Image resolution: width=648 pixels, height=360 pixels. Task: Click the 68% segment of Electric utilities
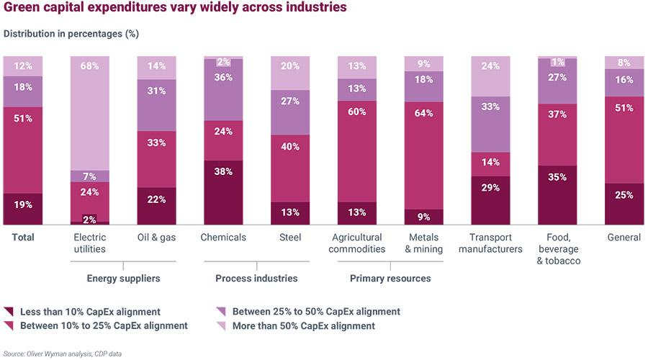[x=90, y=112]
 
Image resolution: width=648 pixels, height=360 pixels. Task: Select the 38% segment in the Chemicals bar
[x=223, y=192]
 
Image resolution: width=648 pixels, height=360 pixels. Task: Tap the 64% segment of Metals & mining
[x=424, y=155]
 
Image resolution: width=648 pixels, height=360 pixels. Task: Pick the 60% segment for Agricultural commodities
[x=356, y=150]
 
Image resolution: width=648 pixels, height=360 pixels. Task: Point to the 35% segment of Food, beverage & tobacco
[x=557, y=195]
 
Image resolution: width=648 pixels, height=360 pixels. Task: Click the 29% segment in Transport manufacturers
[x=490, y=200]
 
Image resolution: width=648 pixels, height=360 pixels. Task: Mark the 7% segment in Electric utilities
[x=90, y=176]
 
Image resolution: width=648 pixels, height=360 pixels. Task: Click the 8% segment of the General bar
[x=624, y=62]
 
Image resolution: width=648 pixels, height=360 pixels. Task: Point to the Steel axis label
[x=290, y=238]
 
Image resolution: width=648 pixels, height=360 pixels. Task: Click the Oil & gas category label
[x=157, y=238]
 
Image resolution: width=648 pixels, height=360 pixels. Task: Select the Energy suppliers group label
[x=123, y=278]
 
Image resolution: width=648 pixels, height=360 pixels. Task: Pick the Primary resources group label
[x=390, y=278]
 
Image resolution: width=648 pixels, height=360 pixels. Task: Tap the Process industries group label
[x=256, y=278]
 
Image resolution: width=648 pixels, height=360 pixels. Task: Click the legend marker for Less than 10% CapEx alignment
[x=9, y=312]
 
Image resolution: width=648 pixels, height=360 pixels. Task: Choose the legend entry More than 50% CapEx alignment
[x=296, y=326]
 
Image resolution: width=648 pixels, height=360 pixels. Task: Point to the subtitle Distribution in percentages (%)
[x=71, y=34]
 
